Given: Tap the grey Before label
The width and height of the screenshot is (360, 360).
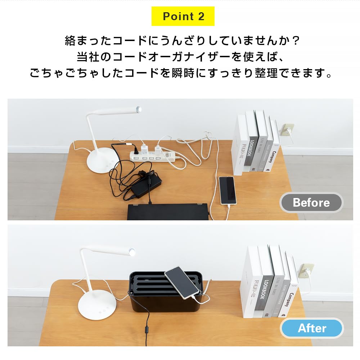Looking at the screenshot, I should [x=311, y=203].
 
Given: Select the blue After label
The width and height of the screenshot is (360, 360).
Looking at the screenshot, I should [x=312, y=328].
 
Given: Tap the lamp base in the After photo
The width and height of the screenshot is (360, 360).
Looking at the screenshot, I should [x=97, y=304].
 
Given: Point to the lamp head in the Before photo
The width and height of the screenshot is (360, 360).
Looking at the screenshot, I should [x=139, y=109].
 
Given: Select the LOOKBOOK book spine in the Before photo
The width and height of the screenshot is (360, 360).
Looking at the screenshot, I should [x=252, y=151].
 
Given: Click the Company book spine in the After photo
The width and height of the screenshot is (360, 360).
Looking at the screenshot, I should [x=292, y=302].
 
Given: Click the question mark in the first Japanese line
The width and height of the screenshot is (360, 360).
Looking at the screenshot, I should [x=295, y=40].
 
